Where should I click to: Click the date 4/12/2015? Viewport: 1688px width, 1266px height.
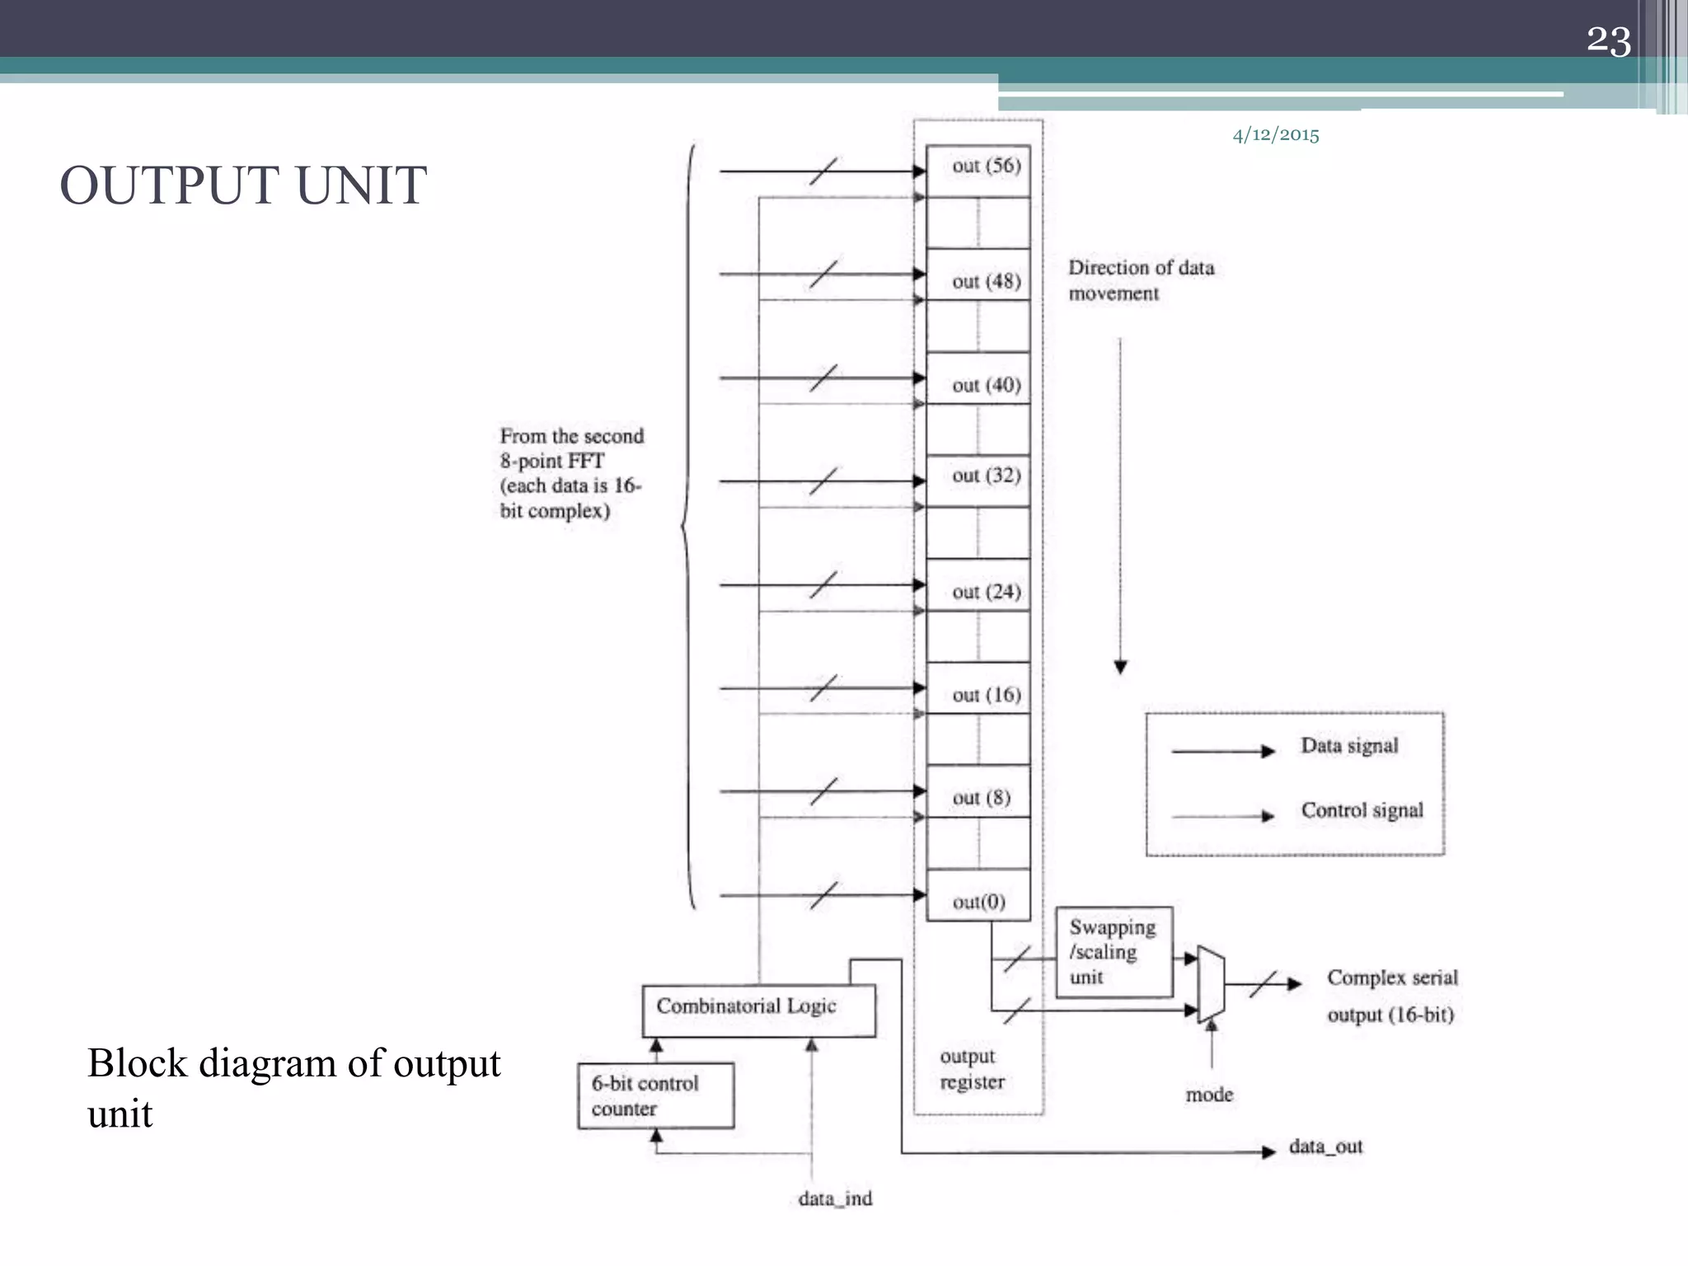click(x=1275, y=135)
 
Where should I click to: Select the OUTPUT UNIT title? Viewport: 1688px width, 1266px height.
click(x=243, y=185)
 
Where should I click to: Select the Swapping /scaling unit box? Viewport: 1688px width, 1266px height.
click(x=1114, y=952)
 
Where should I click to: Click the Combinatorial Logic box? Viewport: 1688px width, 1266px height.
click(x=758, y=1010)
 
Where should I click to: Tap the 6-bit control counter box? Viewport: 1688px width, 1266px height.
click(x=655, y=1095)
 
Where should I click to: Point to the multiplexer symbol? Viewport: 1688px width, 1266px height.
click(x=1211, y=983)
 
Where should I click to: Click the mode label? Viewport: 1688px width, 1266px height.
click(x=1209, y=1095)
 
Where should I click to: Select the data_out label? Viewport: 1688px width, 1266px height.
click(x=1325, y=1146)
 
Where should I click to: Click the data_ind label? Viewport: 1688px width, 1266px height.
click(x=834, y=1198)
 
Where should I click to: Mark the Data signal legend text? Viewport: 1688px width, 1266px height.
click(x=1349, y=746)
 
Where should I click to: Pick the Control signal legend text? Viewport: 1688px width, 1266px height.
click(x=1362, y=810)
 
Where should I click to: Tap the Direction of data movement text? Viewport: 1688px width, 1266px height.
click(x=1140, y=280)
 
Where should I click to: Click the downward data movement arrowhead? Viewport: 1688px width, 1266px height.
click(x=1120, y=667)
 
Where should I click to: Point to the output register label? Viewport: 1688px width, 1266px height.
click(x=972, y=1069)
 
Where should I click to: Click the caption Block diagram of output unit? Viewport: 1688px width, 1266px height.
click(x=293, y=1087)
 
